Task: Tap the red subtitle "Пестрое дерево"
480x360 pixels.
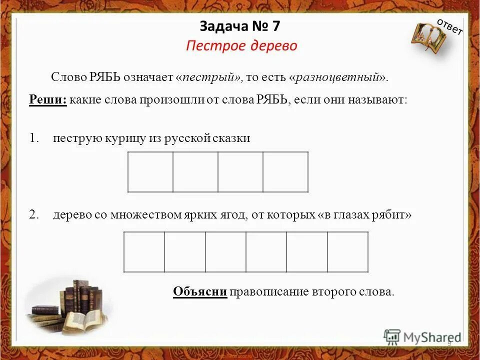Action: [x=241, y=46]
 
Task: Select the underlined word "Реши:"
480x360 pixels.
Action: [x=47, y=99]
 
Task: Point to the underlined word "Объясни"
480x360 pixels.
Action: [x=200, y=291]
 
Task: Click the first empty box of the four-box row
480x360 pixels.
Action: [x=150, y=172]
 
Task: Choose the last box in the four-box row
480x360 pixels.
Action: [x=285, y=172]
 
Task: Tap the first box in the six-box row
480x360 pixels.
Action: [x=144, y=252]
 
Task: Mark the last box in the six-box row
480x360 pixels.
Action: [x=347, y=252]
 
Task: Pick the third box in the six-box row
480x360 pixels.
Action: [x=225, y=252]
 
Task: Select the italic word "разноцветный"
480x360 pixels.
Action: [x=337, y=77]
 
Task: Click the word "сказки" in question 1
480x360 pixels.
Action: [x=231, y=138]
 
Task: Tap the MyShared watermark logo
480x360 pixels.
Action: [x=422, y=336]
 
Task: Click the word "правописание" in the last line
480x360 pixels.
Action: [x=270, y=291]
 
